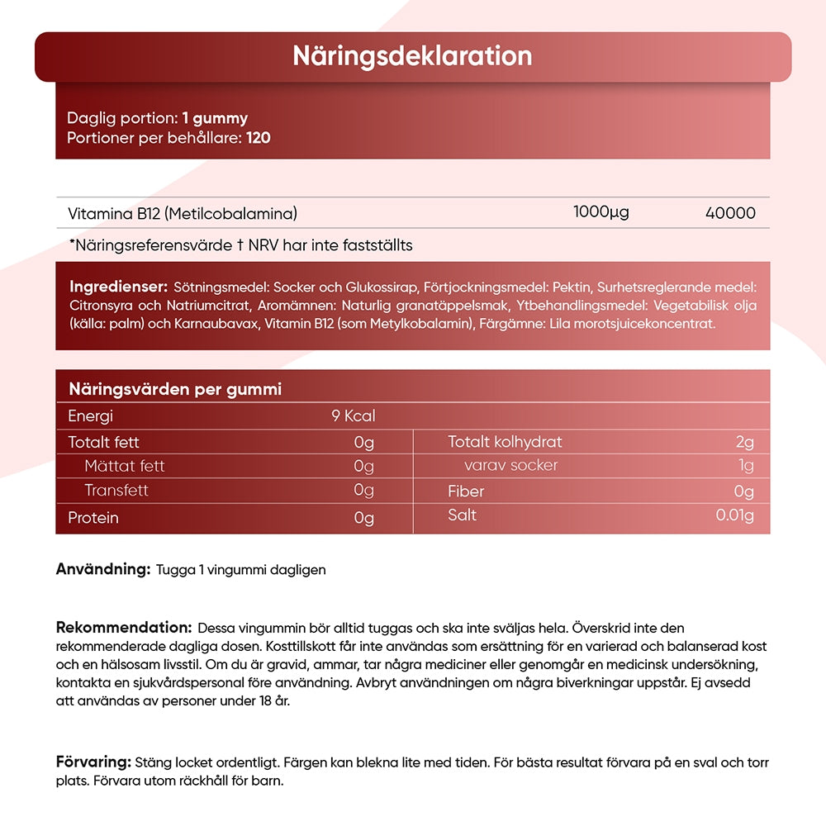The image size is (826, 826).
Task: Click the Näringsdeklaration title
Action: tap(412, 56)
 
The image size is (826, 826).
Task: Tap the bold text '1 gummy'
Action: tap(215, 118)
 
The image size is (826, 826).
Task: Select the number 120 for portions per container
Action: tap(259, 137)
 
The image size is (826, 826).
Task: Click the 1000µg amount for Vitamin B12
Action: tap(601, 212)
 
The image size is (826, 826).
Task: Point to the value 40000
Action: tap(730, 213)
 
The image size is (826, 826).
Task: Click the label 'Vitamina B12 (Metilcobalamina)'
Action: tap(183, 213)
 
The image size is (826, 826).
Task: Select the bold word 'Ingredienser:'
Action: tap(119, 287)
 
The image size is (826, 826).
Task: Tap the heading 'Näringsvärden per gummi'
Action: tap(175, 389)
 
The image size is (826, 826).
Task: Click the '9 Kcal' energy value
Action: tap(353, 416)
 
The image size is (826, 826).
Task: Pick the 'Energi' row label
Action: tap(90, 416)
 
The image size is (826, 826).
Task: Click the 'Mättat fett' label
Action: tap(124, 466)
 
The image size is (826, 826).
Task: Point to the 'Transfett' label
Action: tap(116, 491)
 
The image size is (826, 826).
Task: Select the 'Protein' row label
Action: tap(93, 518)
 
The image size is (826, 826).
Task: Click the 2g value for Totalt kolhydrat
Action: tap(744, 442)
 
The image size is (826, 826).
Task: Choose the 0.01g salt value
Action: tap(734, 516)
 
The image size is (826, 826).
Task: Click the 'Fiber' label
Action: tap(466, 491)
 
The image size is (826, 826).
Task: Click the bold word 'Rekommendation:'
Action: tap(124, 627)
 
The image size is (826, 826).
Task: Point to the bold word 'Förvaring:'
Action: tap(93, 762)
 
